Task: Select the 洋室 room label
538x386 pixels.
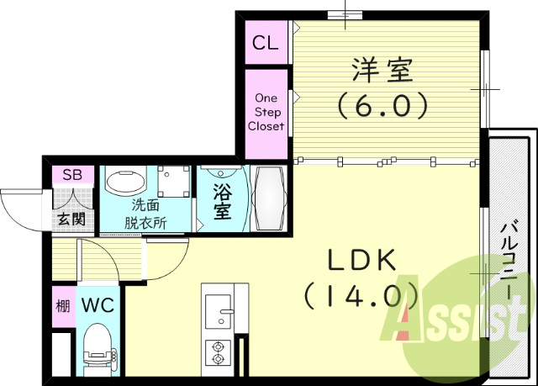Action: [x=382, y=71]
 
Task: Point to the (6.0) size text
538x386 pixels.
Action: [x=382, y=106]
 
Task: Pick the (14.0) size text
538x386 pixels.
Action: [x=362, y=296]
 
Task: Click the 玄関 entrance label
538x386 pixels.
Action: [x=71, y=219]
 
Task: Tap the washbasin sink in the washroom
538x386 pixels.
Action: [x=125, y=182]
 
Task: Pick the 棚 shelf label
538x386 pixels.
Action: [x=62, y=305]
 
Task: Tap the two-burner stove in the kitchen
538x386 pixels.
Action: [x=219, y=353]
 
